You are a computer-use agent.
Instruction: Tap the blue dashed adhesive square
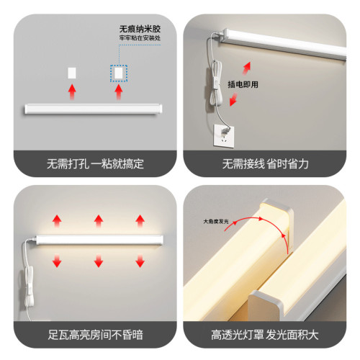[117, 72]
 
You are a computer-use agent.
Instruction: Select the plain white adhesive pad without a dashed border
[71, 72]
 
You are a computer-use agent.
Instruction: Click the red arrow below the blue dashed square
[117, 92]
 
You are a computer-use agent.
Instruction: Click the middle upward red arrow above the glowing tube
[96, 219]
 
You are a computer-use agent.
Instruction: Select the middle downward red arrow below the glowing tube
[96, 261]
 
